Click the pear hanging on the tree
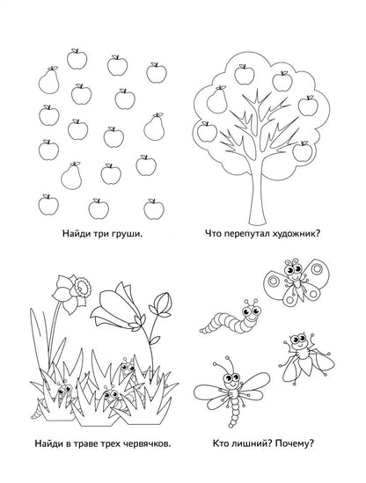point(217,99)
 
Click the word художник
point(296,234)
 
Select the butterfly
point(295,282)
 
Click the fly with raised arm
point(306,357)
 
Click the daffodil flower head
point(72,292)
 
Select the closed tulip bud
point(160,304)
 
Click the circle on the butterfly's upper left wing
point(273,281)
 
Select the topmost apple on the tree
point(245,75)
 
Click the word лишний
point(250,444)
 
